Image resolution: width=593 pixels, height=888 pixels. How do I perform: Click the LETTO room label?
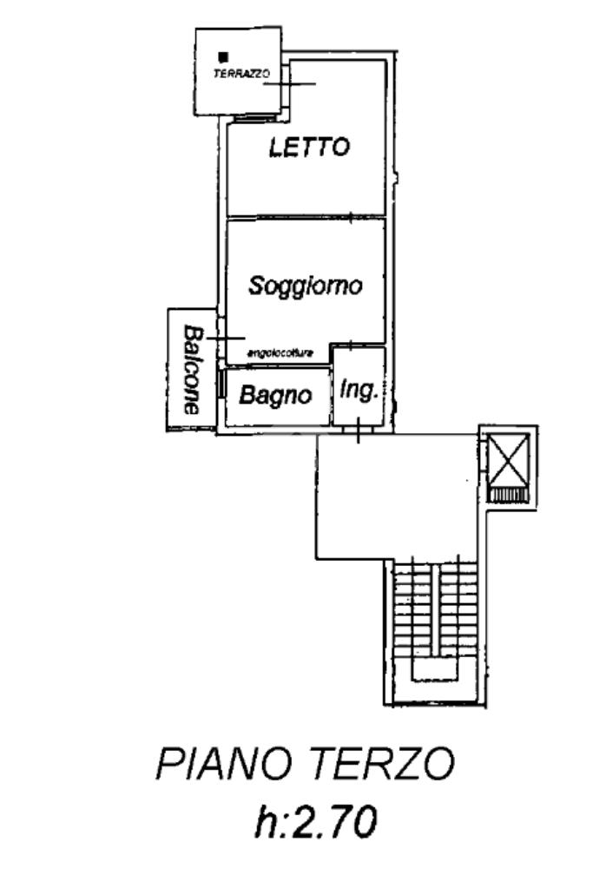pos(309,148)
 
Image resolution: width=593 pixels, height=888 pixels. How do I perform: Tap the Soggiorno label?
pos(304,286)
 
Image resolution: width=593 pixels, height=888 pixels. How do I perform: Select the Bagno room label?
pos(275,396)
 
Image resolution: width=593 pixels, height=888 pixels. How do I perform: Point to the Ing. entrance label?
pos(359,391)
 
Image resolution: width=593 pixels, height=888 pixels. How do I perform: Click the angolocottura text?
pos(280,352)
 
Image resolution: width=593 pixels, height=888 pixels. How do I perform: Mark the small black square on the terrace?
pos(223,57)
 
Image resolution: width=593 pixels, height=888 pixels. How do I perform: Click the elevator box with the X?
pos(508,458)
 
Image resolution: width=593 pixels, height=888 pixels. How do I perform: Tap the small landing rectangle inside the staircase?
pos(433,669)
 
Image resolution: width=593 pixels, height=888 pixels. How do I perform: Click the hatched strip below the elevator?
pos(508,495)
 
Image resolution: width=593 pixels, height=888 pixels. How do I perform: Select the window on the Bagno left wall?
pos(222,383)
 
